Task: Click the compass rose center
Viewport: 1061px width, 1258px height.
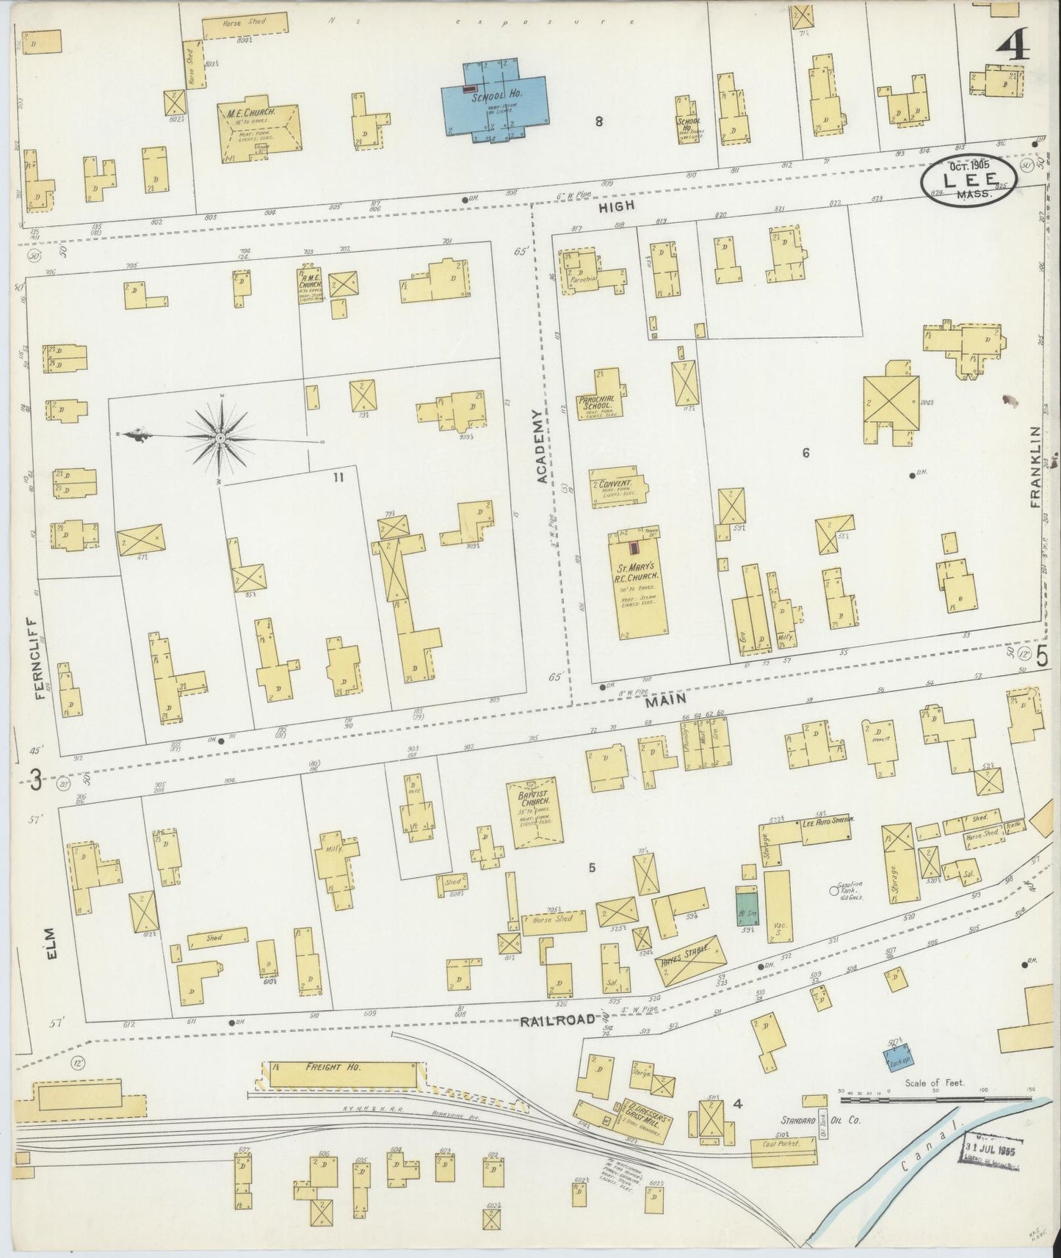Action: (x=220, y=438)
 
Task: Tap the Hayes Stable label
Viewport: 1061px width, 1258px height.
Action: (x=690, y=957)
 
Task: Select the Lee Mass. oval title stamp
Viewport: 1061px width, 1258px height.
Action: (x=968, y=181)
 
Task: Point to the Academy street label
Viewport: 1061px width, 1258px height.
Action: (x=542, y=447)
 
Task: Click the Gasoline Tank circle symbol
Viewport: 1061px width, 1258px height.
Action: (x=833, y=891)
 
